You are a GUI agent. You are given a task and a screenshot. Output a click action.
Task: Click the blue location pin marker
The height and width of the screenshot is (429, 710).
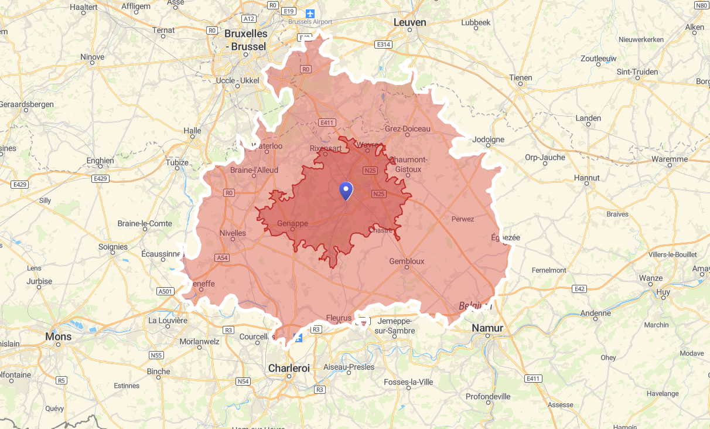pyautogui.click(x=346, y=190)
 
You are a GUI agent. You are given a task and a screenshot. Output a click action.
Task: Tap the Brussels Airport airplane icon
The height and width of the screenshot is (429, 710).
pyautogui.click(x=309, y=13)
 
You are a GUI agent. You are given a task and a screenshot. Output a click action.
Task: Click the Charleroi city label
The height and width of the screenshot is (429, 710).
pyautogui.click(x=288, y=368)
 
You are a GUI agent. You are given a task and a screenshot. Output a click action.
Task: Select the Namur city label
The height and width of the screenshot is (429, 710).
pyautogui.click(x=487, y=328)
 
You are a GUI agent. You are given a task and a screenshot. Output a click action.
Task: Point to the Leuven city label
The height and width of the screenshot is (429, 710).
pyautogui.click(x=409, y=22)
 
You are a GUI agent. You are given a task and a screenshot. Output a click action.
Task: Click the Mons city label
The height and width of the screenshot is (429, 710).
pyautogui.click(x=59, y=336)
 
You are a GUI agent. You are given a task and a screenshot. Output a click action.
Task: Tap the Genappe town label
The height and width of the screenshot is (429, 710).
pyautogui.click(x=292, y=223)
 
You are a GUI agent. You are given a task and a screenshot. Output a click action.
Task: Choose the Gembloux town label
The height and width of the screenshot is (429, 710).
pyautogui.click(x=407, y=261)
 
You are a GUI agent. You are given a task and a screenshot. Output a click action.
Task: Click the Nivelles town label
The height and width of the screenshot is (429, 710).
pyautogui.click(x=233, y=233)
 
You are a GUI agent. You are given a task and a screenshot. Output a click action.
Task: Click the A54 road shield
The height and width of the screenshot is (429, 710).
pyautogui.click(x=222, y=258)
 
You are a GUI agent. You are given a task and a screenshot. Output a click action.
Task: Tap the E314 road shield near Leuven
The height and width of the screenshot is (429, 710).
pyautogui.click(x=383, y=45)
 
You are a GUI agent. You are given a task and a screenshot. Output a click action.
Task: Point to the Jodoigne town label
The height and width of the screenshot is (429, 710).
pyautogui.click(x=488, y=139)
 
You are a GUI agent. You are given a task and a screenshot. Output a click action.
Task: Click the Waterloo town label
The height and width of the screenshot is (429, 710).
pyautogui.click(x=267, y=146)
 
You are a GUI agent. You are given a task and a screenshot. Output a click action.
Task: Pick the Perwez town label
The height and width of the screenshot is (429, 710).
pyautogui.click(x=462, y=219)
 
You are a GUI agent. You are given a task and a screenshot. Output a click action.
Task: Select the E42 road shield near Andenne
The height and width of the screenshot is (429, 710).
pyautogui.click(x=580, y=289)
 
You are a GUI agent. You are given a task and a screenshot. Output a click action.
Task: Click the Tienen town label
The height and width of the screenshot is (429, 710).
pyautogui.click(x=520, y=77)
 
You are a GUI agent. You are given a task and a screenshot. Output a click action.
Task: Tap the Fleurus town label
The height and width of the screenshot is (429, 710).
pyautogui.click(x=339, y=318)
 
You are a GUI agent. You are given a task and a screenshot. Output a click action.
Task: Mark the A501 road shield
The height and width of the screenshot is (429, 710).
pyautogui.click(x=166, y=291)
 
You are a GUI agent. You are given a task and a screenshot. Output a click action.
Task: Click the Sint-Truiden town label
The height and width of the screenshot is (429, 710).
pyautogui.click(x=637, y=72)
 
